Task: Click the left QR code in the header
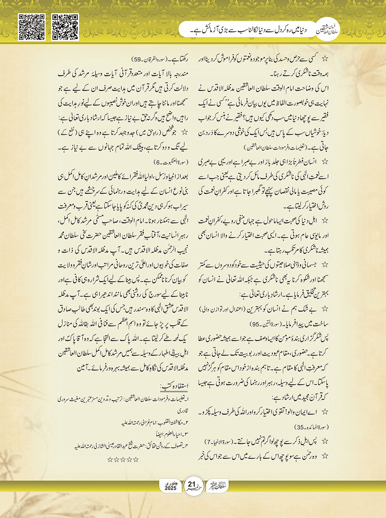32,27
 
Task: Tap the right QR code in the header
65,27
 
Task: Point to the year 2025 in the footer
170,488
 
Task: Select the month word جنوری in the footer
170,483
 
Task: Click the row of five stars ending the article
123,459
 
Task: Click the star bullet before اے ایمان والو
325,412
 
